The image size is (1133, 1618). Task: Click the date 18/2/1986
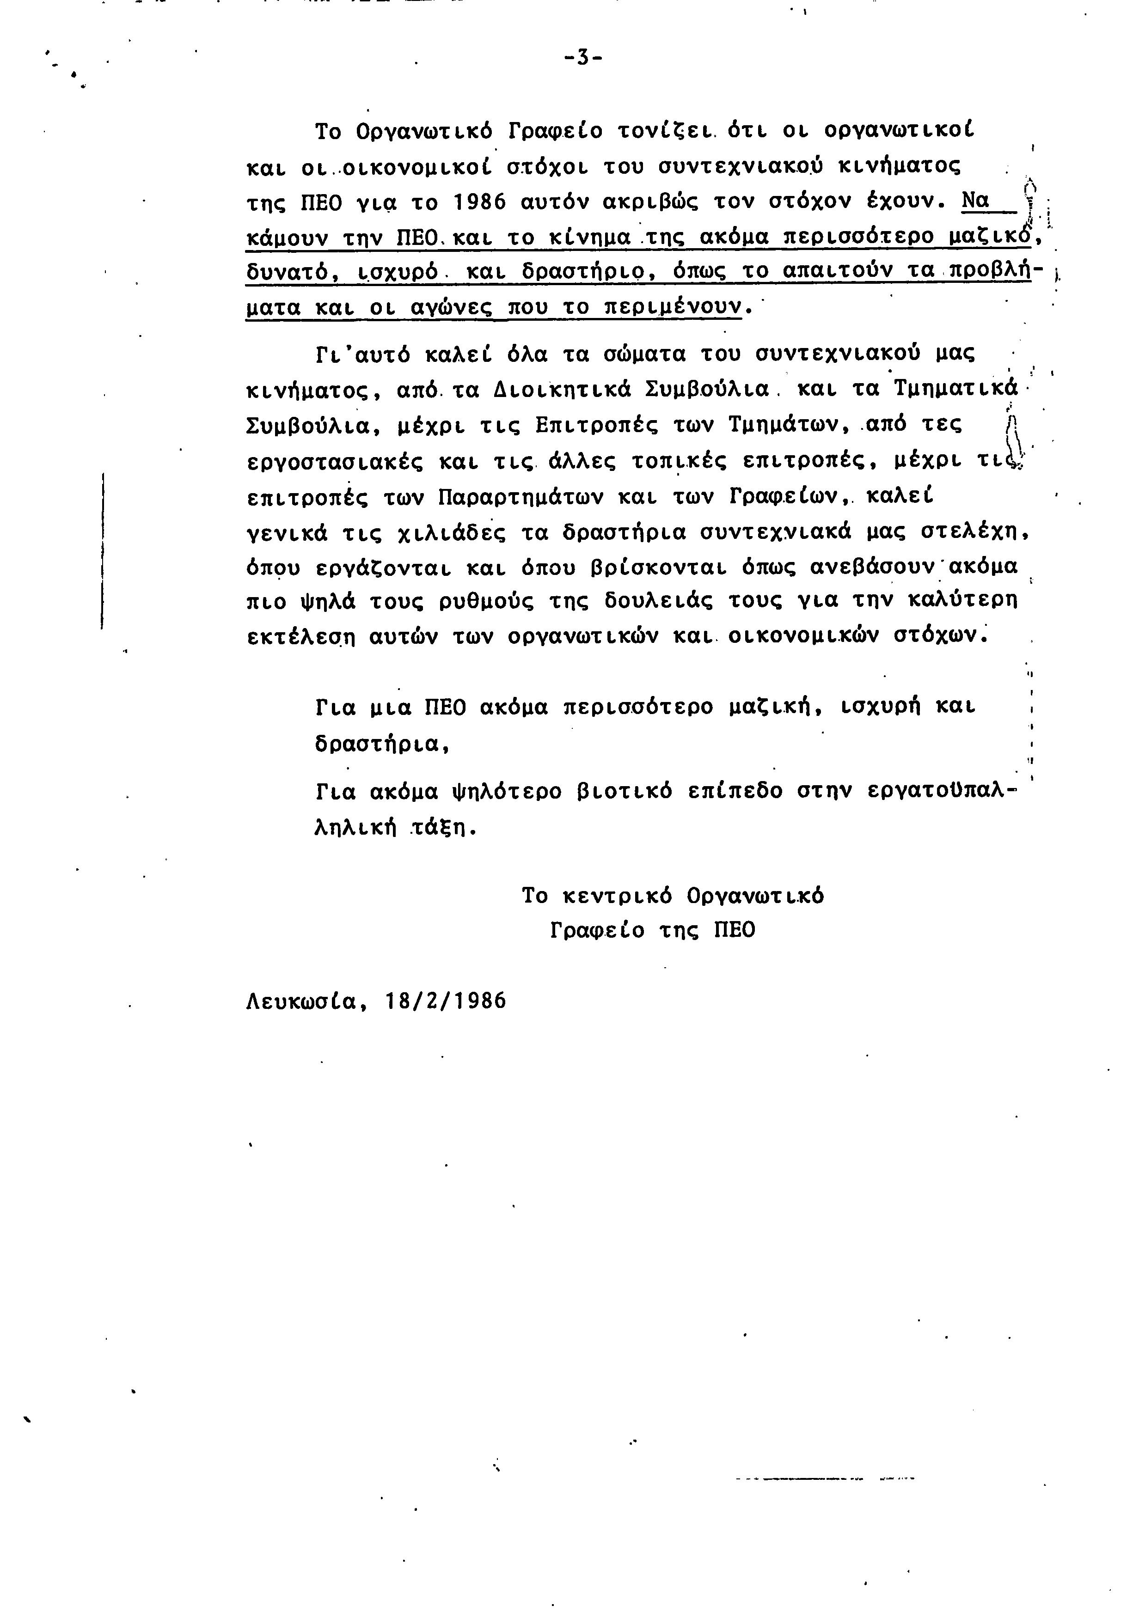click(446, 1001)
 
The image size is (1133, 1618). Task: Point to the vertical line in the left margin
click(103, 550)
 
